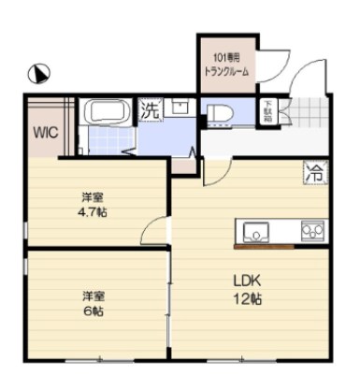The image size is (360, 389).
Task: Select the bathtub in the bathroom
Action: (110, 113)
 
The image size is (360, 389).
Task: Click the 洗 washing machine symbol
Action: (150, 109)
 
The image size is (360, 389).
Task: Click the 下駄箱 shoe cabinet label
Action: (267, 109)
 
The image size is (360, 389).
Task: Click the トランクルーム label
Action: (226, 71)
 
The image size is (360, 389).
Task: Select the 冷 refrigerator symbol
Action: (315, 173)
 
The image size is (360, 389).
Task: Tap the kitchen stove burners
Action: (311, 230)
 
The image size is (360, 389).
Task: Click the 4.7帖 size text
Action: (93, 213)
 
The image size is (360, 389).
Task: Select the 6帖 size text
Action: (93, 312)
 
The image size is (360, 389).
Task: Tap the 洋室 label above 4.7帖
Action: (92, 197)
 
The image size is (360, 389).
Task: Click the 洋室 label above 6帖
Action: (92, 296)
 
